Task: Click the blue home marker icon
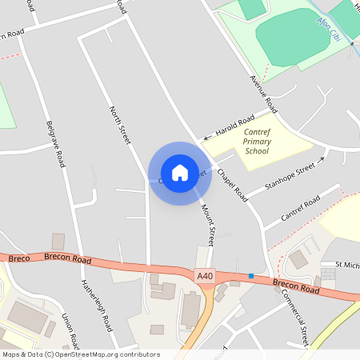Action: [180, 173]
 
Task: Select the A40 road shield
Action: [206, 275]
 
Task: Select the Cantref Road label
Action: [301, 207]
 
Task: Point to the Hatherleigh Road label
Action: [94, 306]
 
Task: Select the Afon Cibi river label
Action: [328, 30]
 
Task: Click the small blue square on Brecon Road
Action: [251, 276]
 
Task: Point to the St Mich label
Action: [347, 264]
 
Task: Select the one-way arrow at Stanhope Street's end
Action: [324, 159]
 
